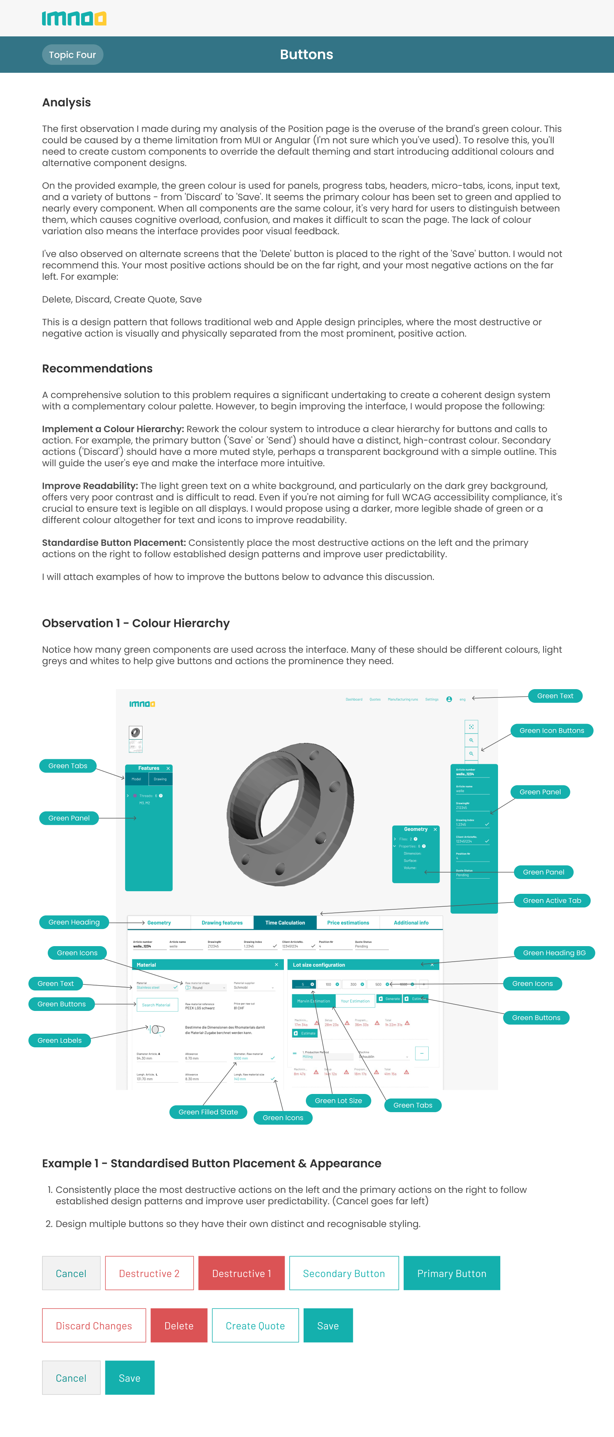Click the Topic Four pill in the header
coord(72,55)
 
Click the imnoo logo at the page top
coord(74,19)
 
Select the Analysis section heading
coord(66,103)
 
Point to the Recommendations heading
coord(97,369)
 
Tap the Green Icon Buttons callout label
coord(551,731)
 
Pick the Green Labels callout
coord(60,1041)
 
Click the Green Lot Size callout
coord(338,1101)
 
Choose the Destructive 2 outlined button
coord(149,1274)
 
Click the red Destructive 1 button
coord(241,1274)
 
